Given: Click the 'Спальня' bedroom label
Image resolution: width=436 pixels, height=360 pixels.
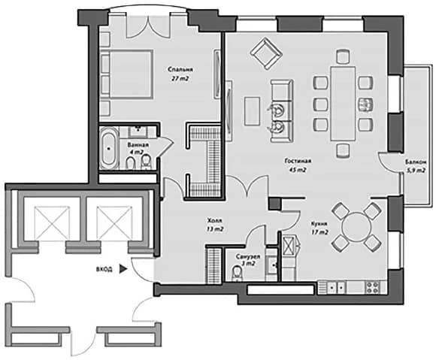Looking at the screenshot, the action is (x=180, y=69).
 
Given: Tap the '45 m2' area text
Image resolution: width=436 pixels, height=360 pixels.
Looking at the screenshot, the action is (x=298, y=170).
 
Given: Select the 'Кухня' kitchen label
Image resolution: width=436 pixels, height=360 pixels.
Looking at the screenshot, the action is (x=319, y=223).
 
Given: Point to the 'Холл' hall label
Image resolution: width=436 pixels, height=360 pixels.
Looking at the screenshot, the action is (x=215, y=221).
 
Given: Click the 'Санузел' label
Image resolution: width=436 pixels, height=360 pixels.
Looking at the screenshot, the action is (x=248, y=257).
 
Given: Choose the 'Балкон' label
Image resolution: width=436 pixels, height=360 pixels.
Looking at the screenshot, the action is (x=416, y=162).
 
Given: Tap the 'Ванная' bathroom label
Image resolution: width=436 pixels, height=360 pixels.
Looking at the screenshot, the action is (x=138, y=145).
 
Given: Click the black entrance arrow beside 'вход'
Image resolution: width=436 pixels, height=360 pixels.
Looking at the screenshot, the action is (x=123, y=269).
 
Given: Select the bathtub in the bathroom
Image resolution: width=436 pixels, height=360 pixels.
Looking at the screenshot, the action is (x=109, y=148).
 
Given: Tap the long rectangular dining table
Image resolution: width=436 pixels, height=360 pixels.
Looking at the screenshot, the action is (x=343, y=103).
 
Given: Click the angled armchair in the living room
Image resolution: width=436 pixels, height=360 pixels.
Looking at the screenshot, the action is (x=266, y=53).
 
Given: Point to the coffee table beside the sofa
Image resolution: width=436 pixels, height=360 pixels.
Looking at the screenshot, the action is (x=252, y=111).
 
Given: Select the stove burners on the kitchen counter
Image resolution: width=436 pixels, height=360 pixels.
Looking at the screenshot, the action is (x=373, y=287).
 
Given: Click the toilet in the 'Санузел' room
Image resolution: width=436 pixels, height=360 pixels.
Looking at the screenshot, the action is (x=238, y=274).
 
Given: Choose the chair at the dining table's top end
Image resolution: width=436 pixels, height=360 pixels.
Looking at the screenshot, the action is (x=343, y=56).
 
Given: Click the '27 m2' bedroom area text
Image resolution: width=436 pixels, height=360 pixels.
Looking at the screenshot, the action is (x=180, y=79).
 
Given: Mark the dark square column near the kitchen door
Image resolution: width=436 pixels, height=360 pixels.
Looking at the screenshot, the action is (x=274, y=204).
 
